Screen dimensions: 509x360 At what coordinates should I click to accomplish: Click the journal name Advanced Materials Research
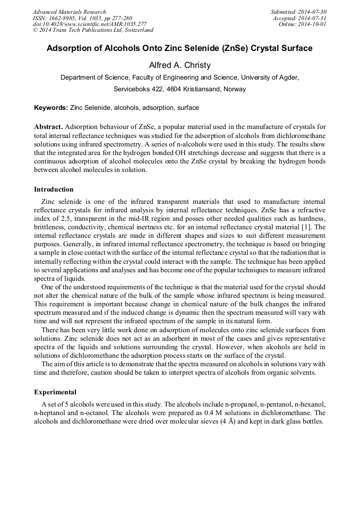(69, 12)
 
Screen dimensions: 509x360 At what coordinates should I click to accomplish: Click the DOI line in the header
(90, 24)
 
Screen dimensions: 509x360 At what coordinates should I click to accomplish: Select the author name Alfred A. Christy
(179, 65)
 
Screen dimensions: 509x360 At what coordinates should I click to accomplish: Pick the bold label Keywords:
(51, 108)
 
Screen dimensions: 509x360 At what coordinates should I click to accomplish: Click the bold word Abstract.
(48, 127)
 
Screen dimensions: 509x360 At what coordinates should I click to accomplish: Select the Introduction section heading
(54, 189)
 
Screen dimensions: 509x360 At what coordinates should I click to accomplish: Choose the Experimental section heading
(55, 392)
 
